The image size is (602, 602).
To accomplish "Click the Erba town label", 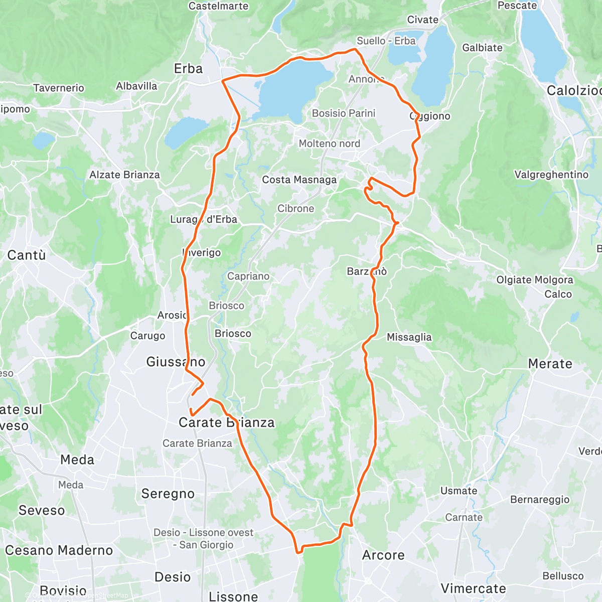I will (188, 69).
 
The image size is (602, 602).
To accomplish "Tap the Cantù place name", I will (27, 255).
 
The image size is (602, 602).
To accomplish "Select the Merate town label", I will (550, 364).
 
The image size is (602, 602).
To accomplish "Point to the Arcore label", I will (383, 555).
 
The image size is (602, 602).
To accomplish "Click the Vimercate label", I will (473, 588).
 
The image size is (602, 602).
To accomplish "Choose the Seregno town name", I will (168, 494).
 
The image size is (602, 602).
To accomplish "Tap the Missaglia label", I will (409, 338).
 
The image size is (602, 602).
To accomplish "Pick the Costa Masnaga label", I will (299, 180).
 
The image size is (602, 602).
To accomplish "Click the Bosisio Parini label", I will (344, 113).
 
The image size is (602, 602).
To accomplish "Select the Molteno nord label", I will (330, 144).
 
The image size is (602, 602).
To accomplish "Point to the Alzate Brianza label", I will (124, 175).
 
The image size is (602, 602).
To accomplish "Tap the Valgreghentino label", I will (551, 175).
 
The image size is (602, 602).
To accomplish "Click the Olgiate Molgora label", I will (535, 280).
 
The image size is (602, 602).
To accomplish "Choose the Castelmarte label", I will (218, 6).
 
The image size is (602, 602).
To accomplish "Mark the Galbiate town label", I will (482, 48).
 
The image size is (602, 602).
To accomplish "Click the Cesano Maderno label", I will (59, 550).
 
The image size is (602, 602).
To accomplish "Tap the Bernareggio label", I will (540, 500).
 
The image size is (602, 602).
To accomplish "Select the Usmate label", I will (459, 491).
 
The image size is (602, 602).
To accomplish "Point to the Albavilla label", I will (136, 86).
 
